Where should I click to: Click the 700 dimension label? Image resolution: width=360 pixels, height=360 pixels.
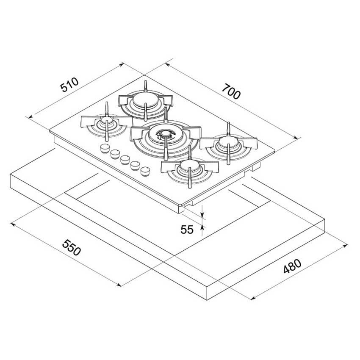[x=232, y=91]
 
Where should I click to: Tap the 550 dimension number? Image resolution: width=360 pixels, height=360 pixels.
[x=72, y=247]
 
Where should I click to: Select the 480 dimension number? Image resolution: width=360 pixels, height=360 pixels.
[x=292, y=266]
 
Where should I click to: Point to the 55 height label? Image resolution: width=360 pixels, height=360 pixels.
[x=187, y=230]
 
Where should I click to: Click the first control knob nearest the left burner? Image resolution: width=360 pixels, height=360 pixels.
[x=105, y=148]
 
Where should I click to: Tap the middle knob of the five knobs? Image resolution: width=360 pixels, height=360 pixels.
[x=125, y=160]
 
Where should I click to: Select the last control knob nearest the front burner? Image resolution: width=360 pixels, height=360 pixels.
[x=145, y=172]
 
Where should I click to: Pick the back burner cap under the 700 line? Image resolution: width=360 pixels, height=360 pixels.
[x=146, y=100]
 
